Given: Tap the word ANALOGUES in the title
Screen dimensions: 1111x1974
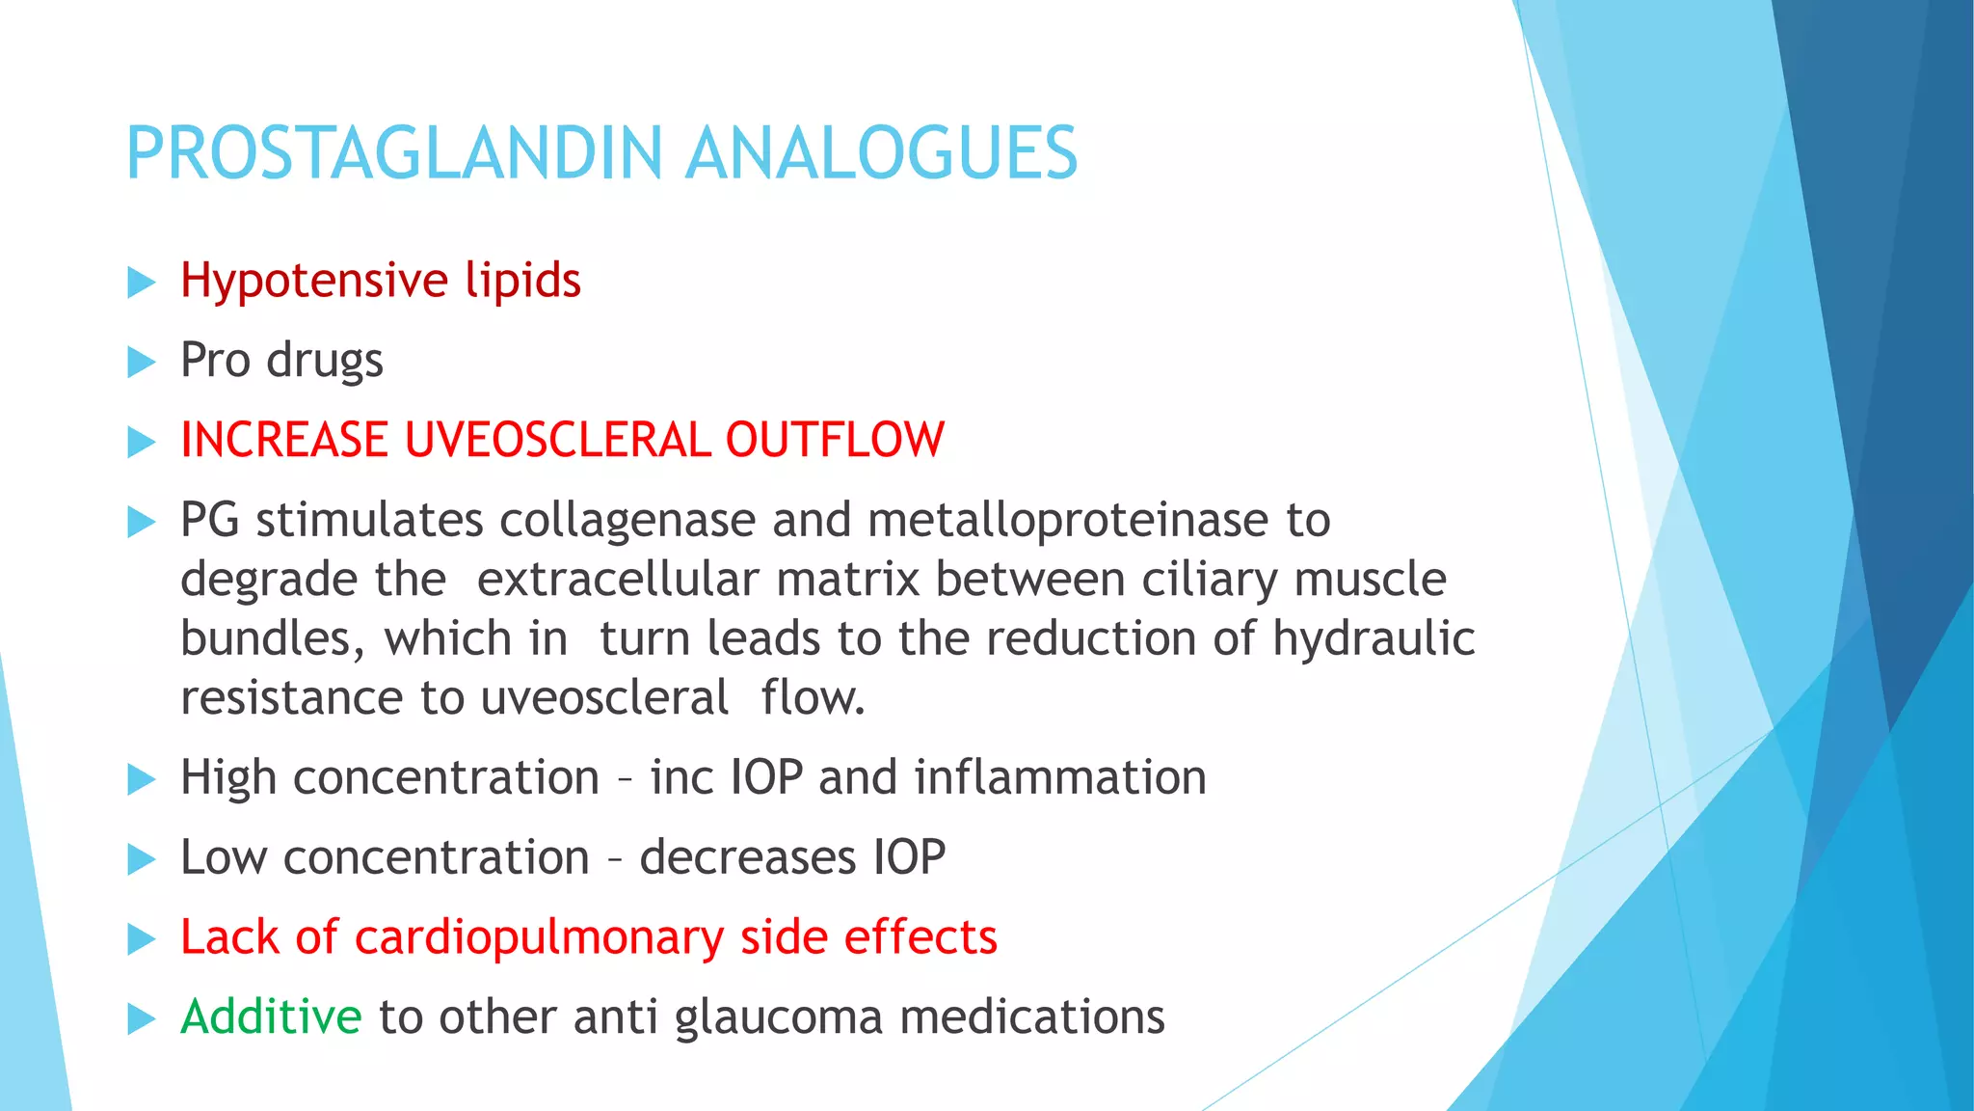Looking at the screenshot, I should (x=881, y=153).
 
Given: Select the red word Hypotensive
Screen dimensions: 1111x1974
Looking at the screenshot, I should (x=314, y=282).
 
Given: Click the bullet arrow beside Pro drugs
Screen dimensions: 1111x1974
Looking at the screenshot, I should (x=141, y=363).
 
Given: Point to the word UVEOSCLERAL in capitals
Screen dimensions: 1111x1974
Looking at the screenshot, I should (x=556, y=440).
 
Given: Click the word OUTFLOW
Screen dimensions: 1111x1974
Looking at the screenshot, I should (x=835, y=440).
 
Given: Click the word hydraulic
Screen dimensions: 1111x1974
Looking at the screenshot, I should (x=1374, y=639).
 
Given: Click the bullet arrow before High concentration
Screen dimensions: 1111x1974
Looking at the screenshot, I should (x=141, y=779).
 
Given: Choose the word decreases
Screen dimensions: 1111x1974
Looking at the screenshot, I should (x=748, y=857).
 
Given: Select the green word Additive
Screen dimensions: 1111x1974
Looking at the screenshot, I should (x=271, y=1016).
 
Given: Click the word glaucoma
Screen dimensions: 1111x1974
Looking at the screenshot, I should (x=778, y=1018).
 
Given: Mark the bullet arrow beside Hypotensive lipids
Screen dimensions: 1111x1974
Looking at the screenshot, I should (x=141, y=283).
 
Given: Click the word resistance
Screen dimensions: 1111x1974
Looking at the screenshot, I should (x=292, y=698).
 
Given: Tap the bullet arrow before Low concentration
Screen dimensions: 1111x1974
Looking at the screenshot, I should (x=141, y=859).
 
